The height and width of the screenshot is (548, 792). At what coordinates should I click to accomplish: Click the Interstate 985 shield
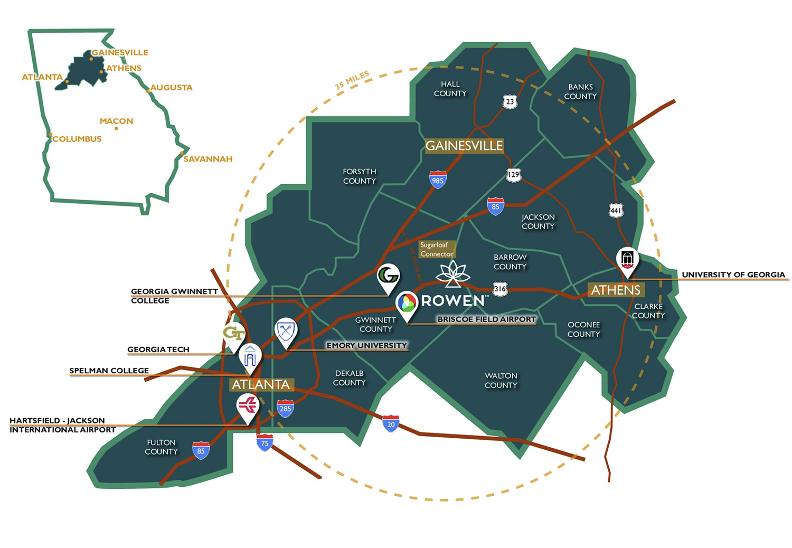pyautogui.click(x=438, y=179)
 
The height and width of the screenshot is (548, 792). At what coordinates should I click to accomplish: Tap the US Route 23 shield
pyautogui.click(x=510, y=102)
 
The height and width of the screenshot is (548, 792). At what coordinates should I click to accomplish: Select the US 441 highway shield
pyautogui.click(x=616, y=211)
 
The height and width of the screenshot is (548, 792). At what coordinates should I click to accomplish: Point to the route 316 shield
pyautogui.click(x=500, y=289)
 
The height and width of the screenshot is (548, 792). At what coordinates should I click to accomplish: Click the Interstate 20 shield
pyautogui.click(x=391, y=423)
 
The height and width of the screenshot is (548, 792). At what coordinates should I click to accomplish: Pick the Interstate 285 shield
pyautogui.click(x=285, y=408)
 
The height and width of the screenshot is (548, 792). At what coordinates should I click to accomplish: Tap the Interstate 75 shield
pyautogui.click(x=265, y=442)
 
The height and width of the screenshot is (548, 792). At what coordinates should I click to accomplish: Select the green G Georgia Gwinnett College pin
pyautogui.click(x=388, y=276)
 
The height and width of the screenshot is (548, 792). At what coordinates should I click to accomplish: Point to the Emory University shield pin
pyautogui.click(x=286, y=331)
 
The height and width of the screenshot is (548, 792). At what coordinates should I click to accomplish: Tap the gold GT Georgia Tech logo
pyautogui.click(x=234, y=334)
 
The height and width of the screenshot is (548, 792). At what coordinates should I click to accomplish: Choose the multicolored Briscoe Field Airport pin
pyautogui.click(x=407, y=304)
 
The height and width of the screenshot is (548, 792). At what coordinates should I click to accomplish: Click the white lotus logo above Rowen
pyautogui.click(x=453, y=273)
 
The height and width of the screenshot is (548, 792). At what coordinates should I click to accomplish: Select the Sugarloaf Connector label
pyautogui.click(x=437, y=249)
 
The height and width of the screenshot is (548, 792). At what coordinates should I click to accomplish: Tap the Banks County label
pyautogui.click(x=580, y=91)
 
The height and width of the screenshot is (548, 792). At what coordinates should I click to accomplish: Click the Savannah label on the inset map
pyautogui.click(x=208, y=159)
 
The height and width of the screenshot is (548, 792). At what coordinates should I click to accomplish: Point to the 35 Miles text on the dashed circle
pyautogui.click(x=352, y=80)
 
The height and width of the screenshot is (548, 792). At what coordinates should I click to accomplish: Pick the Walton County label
pyautogui.click(x=501, y=380)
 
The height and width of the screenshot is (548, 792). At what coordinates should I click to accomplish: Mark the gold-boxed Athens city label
pyautogui.click(x=616, y=290)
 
